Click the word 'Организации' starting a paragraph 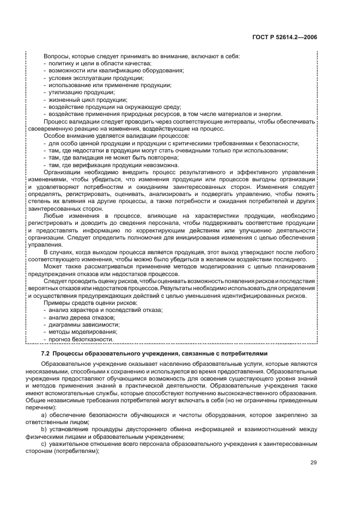(x=62, y=172)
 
